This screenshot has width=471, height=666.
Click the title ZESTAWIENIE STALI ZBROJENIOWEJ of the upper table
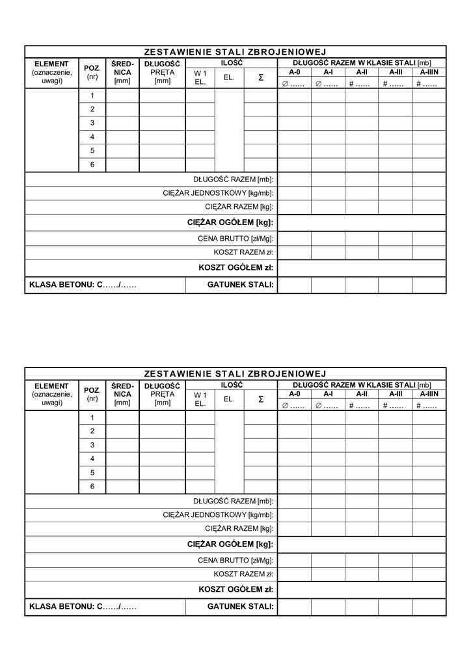pos(235,52)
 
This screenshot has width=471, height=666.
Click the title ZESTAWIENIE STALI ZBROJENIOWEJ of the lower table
pos(235,374)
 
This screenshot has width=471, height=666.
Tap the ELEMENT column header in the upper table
pos(51,64)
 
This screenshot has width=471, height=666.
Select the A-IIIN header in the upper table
pos(429,72)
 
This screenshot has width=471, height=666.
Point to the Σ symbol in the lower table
pos(261,399)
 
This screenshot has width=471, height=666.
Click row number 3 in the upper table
pos(92,123)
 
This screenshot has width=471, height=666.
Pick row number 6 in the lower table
pos(92,486)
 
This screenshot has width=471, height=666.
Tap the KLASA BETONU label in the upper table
pos(83,285)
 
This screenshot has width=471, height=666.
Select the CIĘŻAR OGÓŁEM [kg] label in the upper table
pos(230,223)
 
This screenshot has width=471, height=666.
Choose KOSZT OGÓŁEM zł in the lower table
pos(235,589)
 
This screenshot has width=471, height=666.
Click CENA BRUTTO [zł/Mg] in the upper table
pos(235,239)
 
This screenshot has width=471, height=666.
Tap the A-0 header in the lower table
pos(295,394)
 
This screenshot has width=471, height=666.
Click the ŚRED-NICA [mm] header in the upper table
pos(122,72)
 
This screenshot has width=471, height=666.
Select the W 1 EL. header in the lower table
pos(200,399)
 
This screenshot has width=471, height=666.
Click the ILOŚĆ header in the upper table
pos(231,63)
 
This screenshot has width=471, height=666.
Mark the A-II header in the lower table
pos(362,394)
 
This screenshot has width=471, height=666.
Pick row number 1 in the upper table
pos(92,95)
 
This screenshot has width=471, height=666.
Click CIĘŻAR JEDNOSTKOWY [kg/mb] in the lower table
pos(218,515)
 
